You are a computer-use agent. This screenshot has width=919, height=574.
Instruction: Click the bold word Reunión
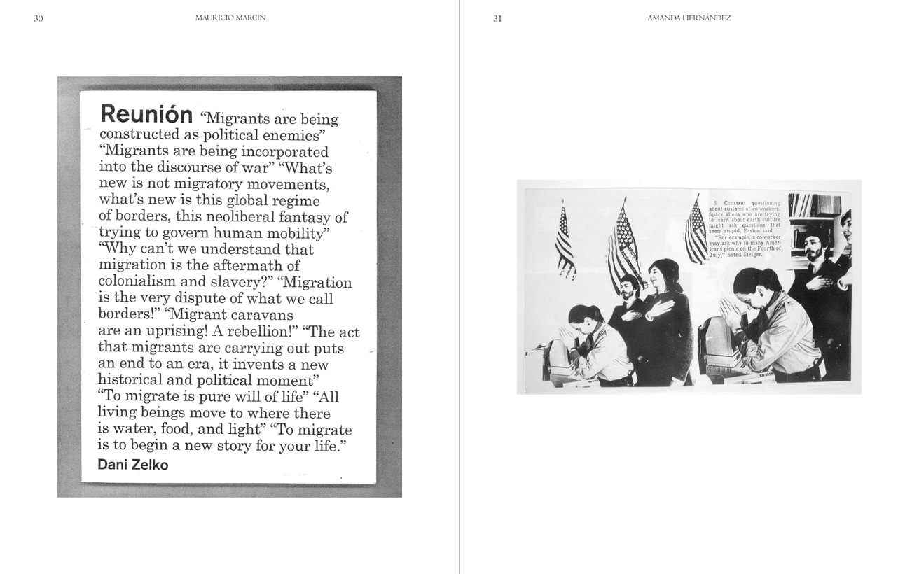point(146,114)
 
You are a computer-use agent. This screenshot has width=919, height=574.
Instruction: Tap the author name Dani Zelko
point(132,464)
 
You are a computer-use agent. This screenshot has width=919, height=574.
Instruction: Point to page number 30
point(39,18)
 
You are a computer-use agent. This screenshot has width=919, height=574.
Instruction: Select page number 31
point(497,18)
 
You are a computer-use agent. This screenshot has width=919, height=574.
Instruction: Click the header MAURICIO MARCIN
point(230,17)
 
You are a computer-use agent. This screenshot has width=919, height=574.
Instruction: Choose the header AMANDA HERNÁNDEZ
point(689,17)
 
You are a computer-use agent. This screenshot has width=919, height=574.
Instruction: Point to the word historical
point(130,380)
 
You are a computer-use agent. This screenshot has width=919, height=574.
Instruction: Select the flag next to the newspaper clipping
point(696,231)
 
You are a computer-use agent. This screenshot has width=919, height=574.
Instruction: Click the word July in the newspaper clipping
point(716,255)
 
